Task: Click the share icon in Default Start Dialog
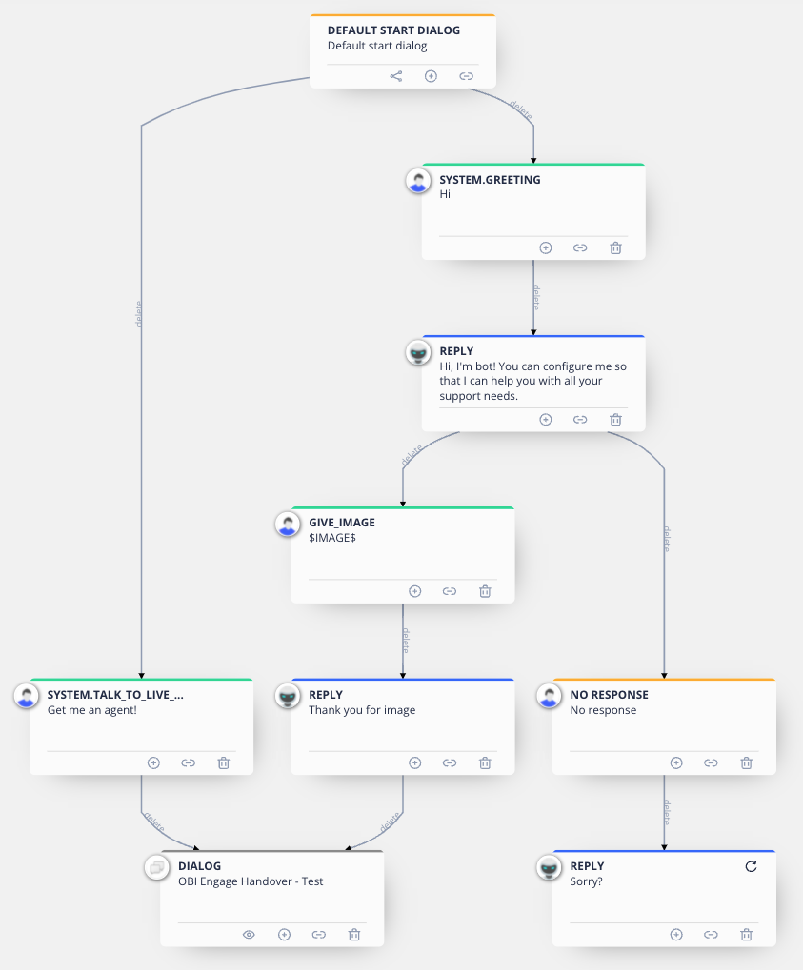(396, 76)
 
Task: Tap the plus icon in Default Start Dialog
(431, 76)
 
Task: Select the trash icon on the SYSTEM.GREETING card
(615, 248)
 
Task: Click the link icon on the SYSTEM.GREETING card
(580, 248)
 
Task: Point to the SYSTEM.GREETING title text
(490, 180)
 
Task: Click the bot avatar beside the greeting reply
(418, 352)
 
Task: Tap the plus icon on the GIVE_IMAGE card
(414, 591)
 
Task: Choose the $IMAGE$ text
(332, 538)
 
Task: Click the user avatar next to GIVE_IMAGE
(288, 524)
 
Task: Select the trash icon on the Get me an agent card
(224, 762)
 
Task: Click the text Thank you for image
(362, 710)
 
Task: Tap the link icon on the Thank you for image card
(450, 762)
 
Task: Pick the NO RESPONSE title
(610, 695)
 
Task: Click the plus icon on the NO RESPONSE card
(676, 762)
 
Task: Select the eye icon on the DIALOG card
(249, 935)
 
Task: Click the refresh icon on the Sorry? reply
(751, 866)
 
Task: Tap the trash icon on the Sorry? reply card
(747, 935)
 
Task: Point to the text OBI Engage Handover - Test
(251, 881)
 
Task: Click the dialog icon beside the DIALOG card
(157, 867)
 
